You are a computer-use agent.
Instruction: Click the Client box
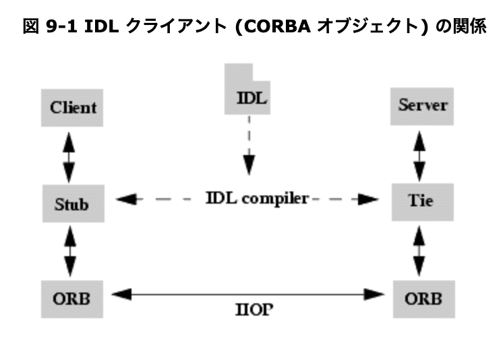pyautogui.click(x=73, y=107)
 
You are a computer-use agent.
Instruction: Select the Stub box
pyautogui.click(x=71, y=202)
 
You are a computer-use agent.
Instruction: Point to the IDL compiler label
pyautogui.click(x=257, y=199)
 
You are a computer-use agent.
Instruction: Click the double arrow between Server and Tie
pyautogui.click(x=420, y=154)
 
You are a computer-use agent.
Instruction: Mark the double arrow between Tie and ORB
pyautogui.click(x=420, y=249)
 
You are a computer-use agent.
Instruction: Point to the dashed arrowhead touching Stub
pyautogui.click(x=126, y=200)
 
